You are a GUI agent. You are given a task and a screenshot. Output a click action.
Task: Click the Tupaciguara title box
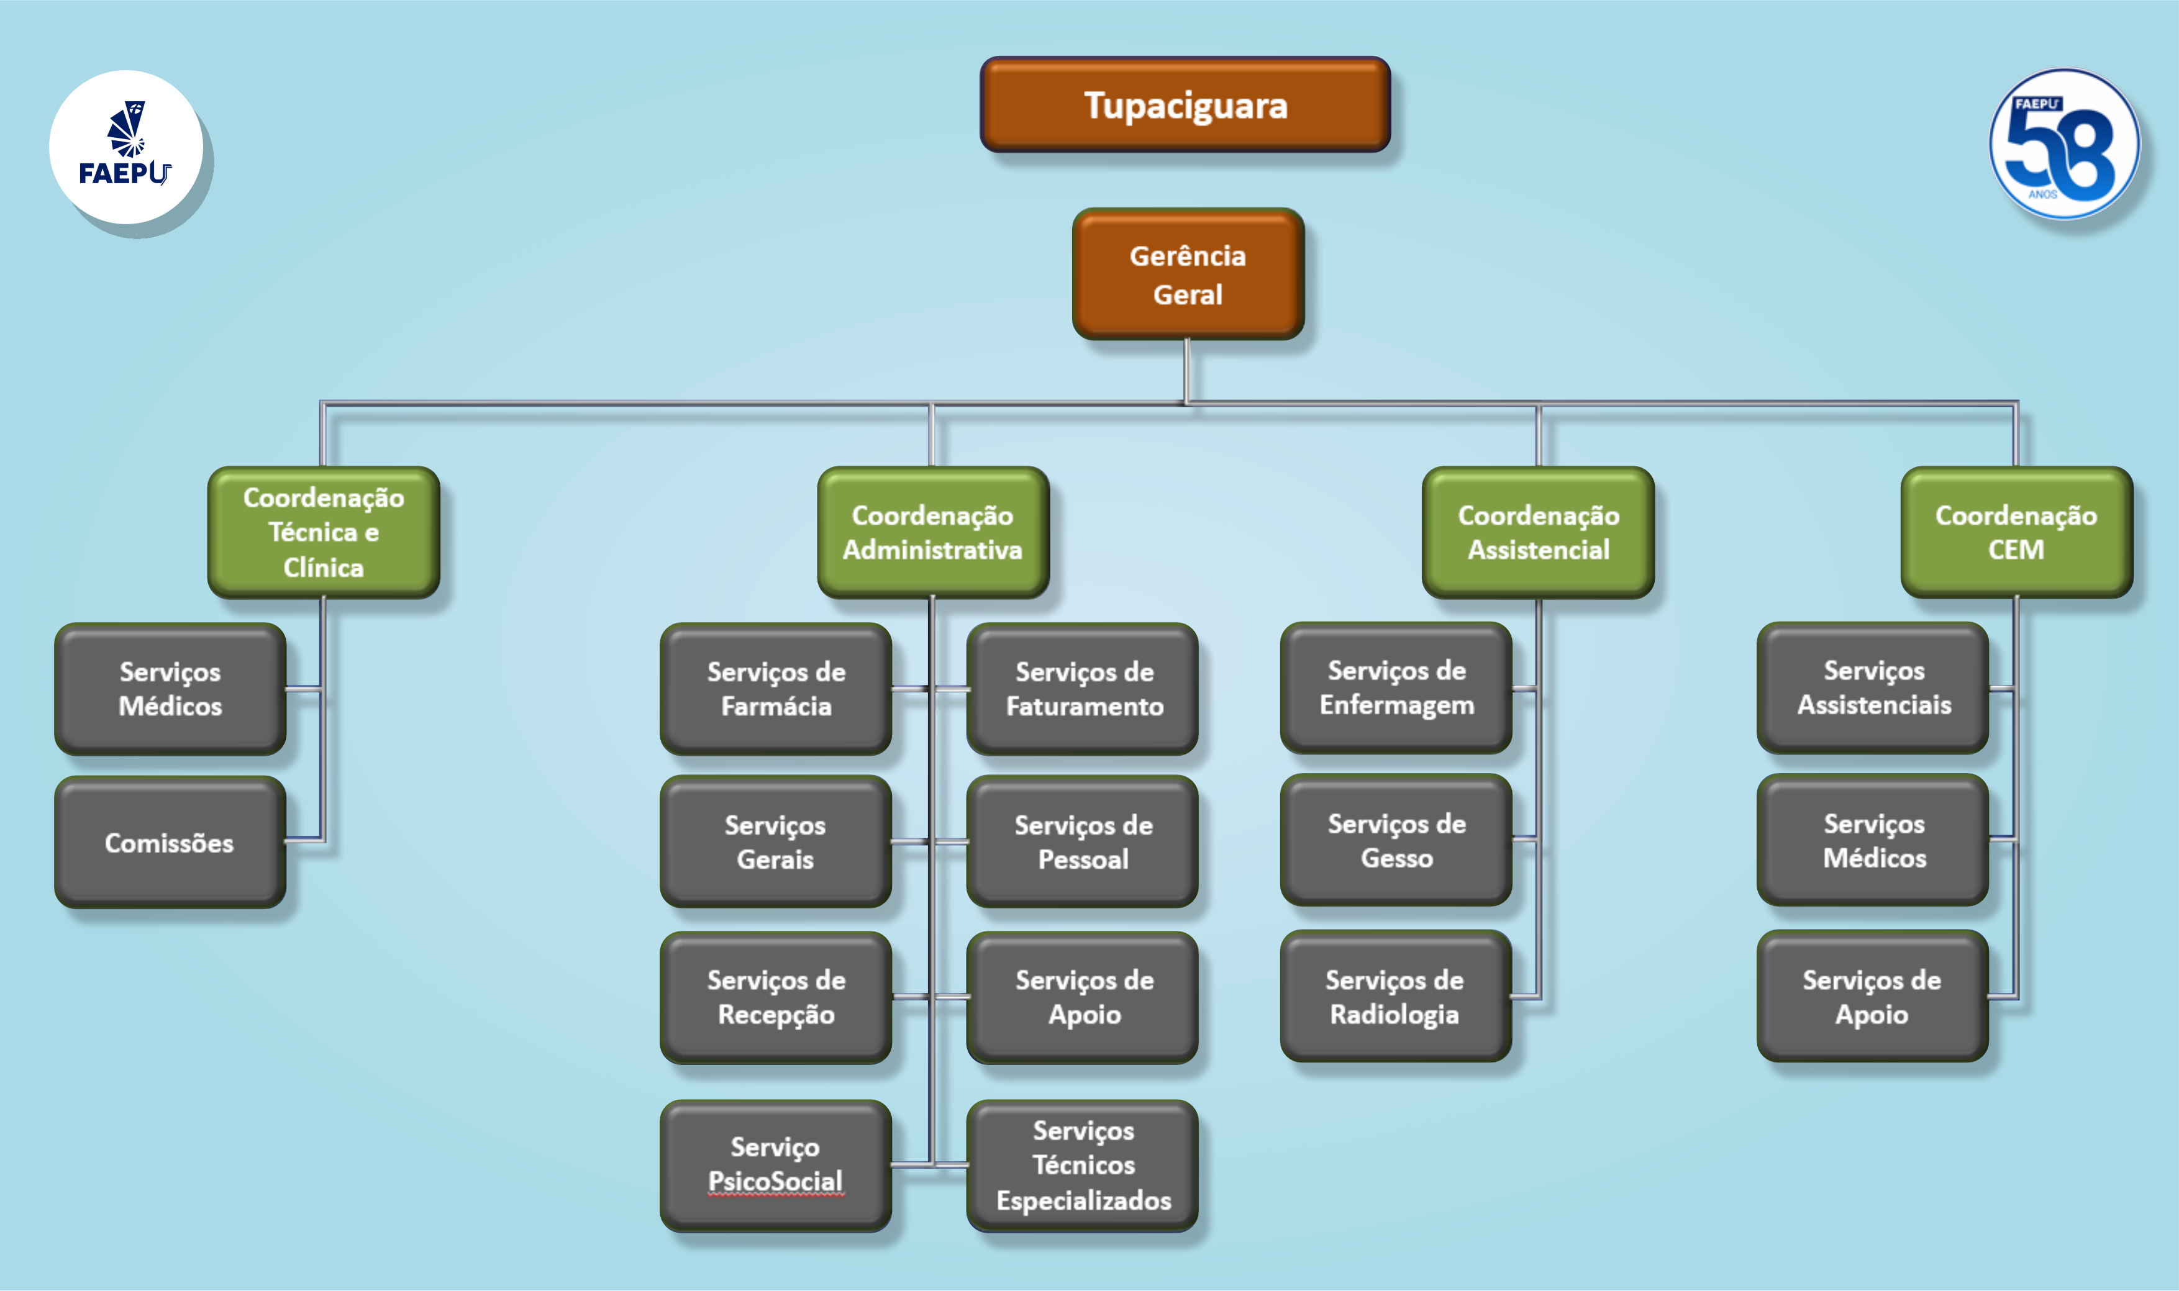coord(1185,104)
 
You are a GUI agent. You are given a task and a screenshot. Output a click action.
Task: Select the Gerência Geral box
coord(1188,273)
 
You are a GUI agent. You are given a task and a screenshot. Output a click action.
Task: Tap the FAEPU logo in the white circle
coord(126,146)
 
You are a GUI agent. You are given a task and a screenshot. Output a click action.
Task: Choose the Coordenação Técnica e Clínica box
coord(324,532)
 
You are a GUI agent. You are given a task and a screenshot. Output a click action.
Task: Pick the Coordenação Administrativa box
coord(933,532)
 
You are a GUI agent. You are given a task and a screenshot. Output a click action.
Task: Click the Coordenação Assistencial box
coord(1539,532)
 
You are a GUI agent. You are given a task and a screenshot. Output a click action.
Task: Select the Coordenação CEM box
coord(2016,532)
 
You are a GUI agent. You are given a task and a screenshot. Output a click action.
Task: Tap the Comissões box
coord(170,842)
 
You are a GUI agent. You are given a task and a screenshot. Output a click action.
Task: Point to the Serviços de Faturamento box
coord(1083,688)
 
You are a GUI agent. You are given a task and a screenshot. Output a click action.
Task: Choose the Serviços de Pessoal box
coord(1083,841)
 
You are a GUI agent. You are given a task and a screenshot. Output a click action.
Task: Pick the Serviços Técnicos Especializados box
coord(1083,1165)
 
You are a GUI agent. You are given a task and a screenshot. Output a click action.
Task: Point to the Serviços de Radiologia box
coord(1396,995)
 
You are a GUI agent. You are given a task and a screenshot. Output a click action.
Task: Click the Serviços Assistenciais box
coord(1873,687)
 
